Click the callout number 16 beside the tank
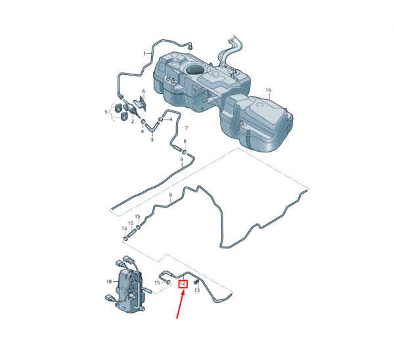[269, 90]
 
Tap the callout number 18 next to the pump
[109, 282]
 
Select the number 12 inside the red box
[183, 284]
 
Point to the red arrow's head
[184, 292]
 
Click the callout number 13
[197, 290]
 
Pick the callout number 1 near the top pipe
[144, 53]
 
